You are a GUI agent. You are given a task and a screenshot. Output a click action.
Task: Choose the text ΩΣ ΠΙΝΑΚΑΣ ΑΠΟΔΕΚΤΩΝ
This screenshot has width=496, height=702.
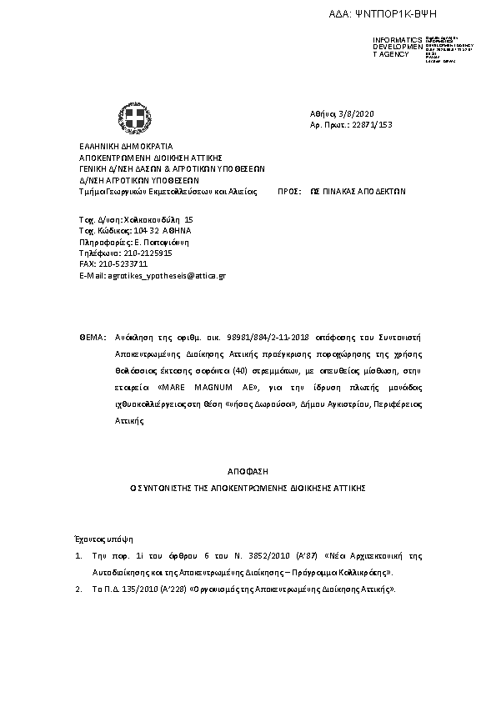(x=363, y=190)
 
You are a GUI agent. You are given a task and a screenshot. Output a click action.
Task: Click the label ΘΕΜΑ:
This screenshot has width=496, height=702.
(x=93, y=339)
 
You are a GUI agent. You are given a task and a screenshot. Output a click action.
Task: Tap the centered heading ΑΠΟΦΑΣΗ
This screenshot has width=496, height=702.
(x=248, y=471)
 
